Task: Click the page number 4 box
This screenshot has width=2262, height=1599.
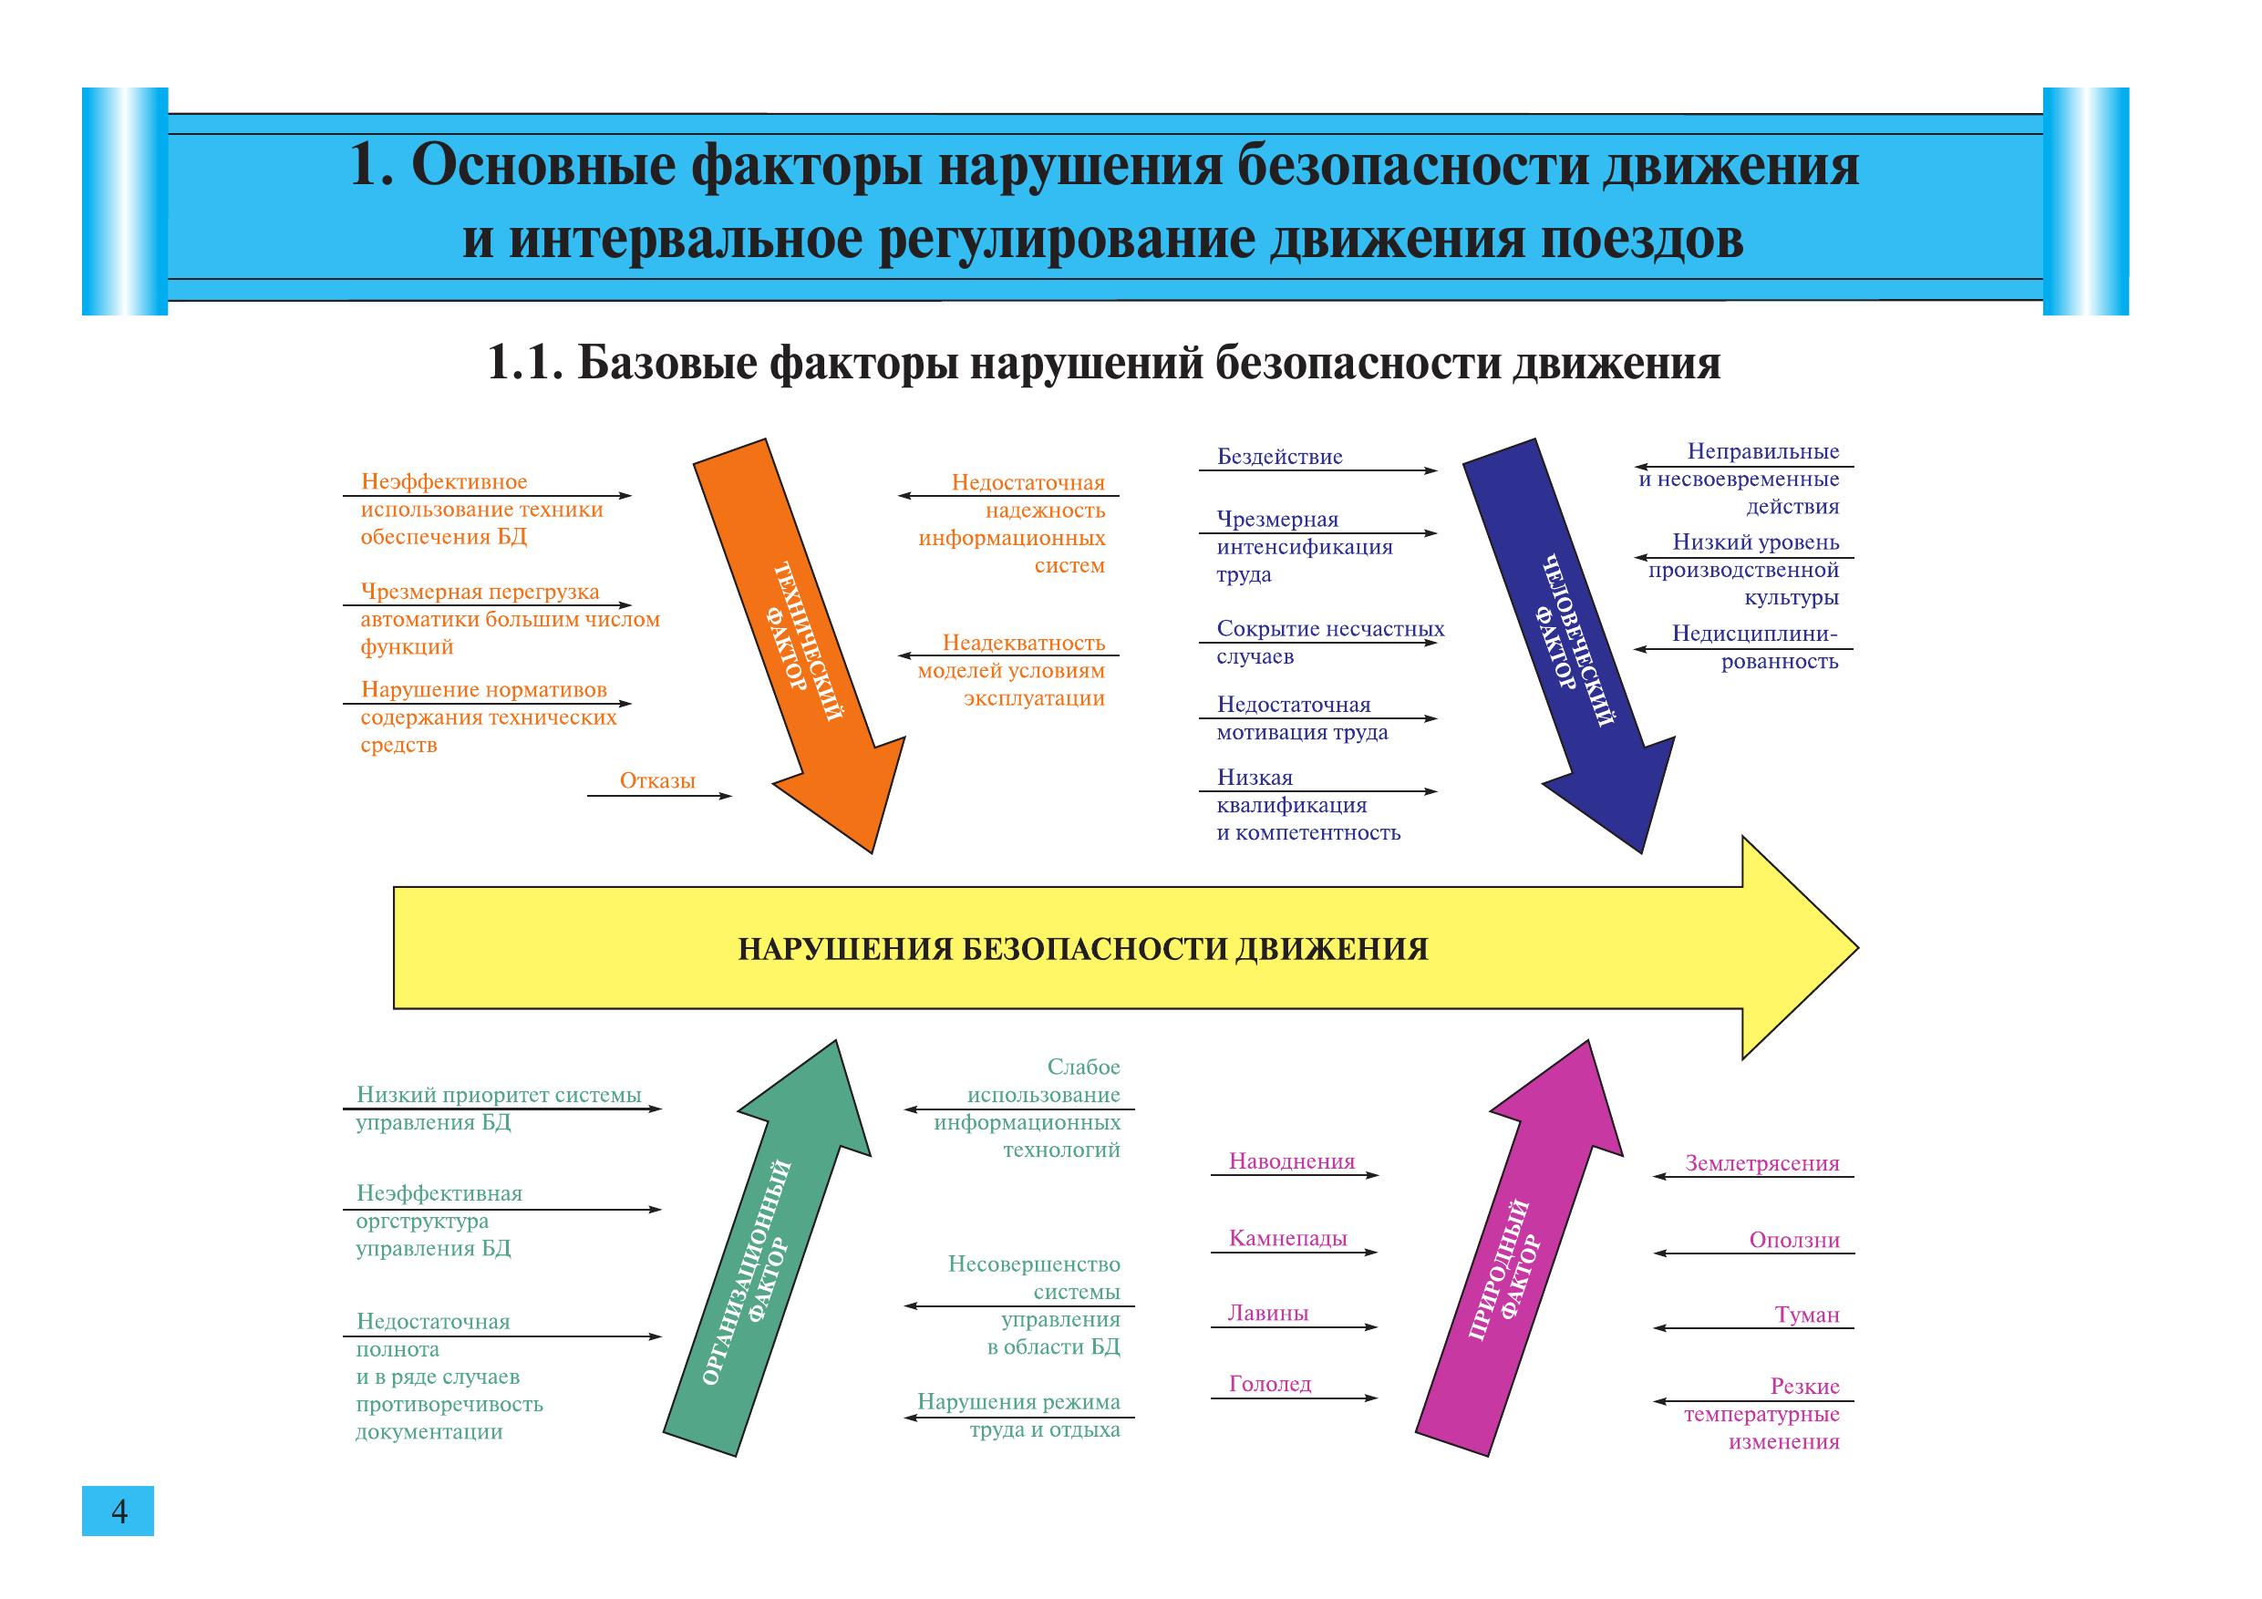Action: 119,1511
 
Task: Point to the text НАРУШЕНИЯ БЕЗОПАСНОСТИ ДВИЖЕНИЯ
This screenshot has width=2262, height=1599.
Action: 1083,949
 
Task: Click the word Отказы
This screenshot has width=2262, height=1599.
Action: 657,781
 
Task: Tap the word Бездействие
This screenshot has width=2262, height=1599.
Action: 1279,457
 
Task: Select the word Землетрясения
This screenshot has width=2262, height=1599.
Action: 1761,1163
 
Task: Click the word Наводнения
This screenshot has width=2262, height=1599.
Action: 1291,1161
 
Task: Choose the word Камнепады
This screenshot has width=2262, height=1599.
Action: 1287,1238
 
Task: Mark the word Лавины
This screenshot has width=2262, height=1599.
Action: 1268,1314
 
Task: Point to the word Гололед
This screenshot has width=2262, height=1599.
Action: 1270,1384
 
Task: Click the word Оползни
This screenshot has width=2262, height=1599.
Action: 1794,1241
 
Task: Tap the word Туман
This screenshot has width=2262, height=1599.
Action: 1807,1315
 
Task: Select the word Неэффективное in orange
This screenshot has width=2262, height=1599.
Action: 443,481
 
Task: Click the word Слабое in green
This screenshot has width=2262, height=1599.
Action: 1083,1067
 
